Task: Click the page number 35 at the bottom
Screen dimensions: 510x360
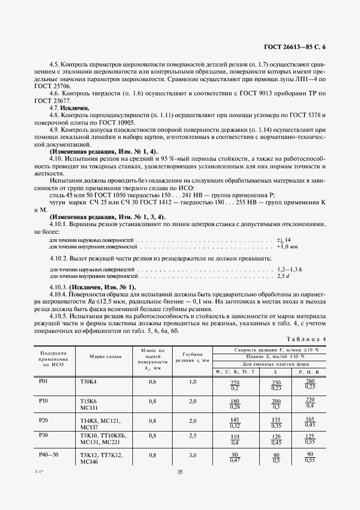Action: [x=180, y=472]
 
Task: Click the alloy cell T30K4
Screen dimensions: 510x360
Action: [x=88, y=381]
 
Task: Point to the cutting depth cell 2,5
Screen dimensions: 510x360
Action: [x=192, y=436]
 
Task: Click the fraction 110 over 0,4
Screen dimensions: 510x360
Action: [x=235, y=439]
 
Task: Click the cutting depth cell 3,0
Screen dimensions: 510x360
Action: [x=192, y=454]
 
